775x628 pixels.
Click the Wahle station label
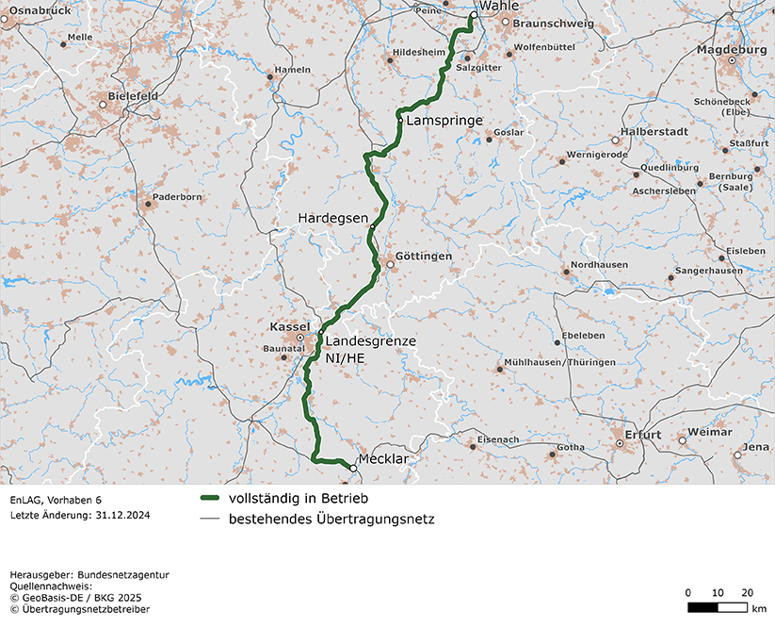[x=498, y=6]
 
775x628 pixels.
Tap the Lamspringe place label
[x=444, y=122]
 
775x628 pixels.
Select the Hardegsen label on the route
[x=332, y=218]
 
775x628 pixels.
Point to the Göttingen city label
[x=425, y=256]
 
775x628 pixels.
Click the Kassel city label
[x=290, y=326]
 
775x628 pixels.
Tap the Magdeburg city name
[x=733, y=49]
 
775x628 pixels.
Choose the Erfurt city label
[x=643, y=436]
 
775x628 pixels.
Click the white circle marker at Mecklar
[x=354, y=468]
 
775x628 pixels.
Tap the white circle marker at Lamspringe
[x=400, y=121]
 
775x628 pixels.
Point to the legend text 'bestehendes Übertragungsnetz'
[x=331, y=519]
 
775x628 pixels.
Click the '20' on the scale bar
[x=747, y=592]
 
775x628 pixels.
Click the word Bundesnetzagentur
[x=122, y=574]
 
